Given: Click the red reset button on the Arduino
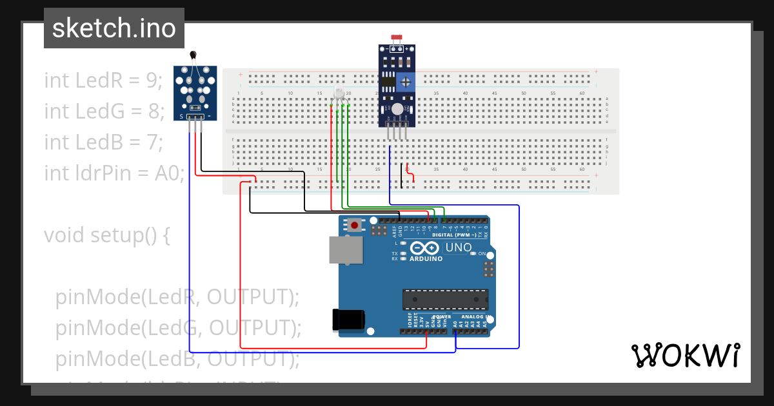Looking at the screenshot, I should point(354,226).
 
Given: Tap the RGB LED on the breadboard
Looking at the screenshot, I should point(339,95).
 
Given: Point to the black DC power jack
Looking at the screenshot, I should point(348,320).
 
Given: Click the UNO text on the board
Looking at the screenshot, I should point(459,247).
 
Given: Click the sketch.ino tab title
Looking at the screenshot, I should point(114,28).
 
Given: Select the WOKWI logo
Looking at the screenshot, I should point(685,355).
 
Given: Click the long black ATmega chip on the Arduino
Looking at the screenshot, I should point(445,300).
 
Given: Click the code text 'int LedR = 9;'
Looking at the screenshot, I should point(103,80).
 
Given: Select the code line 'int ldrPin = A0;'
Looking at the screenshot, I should point(114,173).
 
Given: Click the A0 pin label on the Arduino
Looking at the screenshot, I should point(455,324).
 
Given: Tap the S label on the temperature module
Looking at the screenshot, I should point(182,117).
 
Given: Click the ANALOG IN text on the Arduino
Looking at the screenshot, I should point(475,316).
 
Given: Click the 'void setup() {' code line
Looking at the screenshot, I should point(107,235).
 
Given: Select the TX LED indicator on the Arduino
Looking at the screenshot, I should point(403,253).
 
